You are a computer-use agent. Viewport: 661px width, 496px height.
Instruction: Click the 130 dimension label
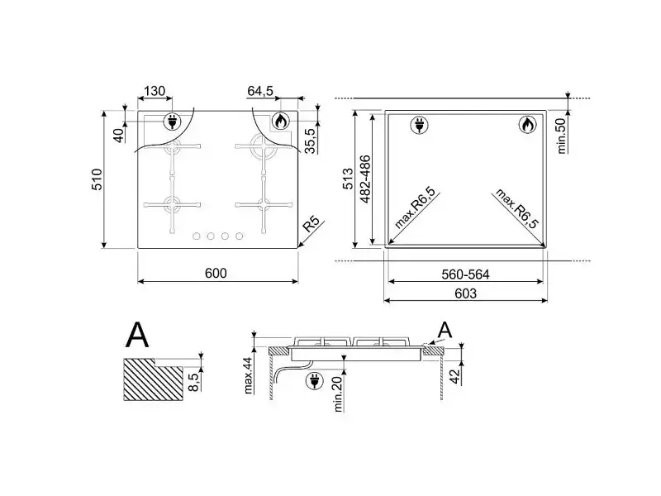155,91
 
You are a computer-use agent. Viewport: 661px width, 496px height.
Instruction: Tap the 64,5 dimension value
260,91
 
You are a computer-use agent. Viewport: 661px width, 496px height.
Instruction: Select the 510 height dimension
97,179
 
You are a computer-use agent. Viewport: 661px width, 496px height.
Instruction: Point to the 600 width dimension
216,274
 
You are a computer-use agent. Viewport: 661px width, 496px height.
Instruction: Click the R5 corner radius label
311,223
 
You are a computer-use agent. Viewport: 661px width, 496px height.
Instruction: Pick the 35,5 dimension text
310,141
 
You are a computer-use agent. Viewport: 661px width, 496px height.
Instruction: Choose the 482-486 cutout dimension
365,179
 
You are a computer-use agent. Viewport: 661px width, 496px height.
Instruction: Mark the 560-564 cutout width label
465,274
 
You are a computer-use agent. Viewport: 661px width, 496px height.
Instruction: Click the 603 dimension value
465,293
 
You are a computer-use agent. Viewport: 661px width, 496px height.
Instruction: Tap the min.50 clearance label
561,136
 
